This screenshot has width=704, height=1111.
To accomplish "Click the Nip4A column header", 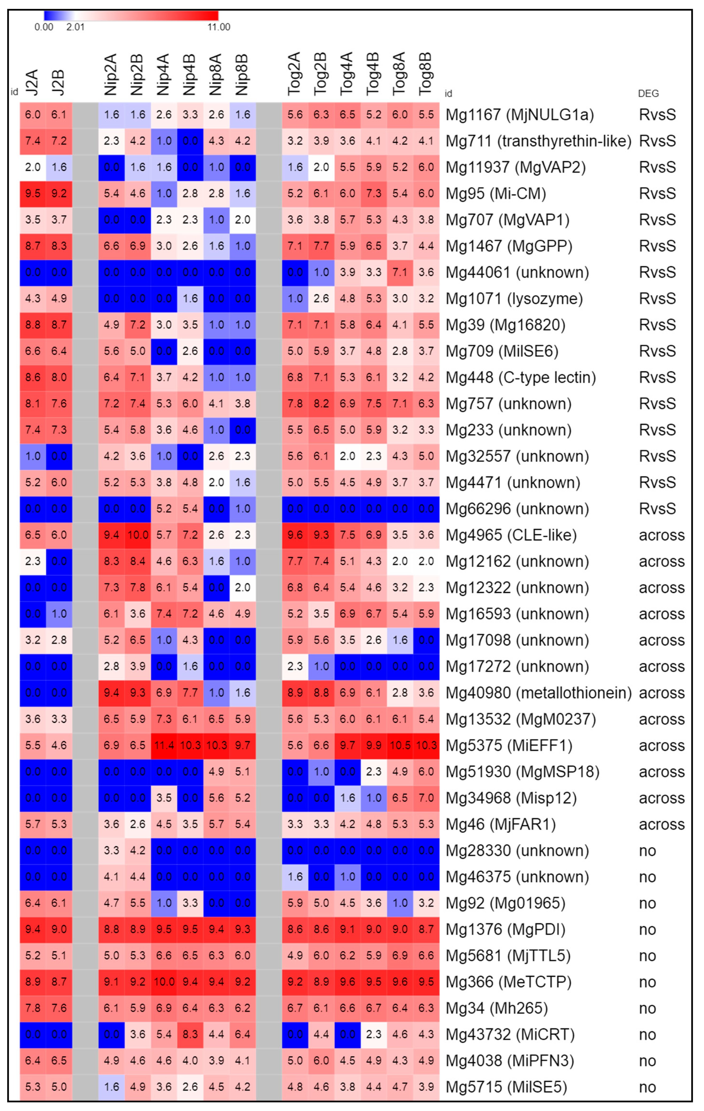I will (164, 75).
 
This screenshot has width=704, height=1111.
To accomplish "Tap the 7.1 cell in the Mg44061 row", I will (400, 272).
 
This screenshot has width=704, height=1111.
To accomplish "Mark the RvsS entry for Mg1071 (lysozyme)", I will (657, 298).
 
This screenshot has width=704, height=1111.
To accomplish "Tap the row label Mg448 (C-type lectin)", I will (521, 377).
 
